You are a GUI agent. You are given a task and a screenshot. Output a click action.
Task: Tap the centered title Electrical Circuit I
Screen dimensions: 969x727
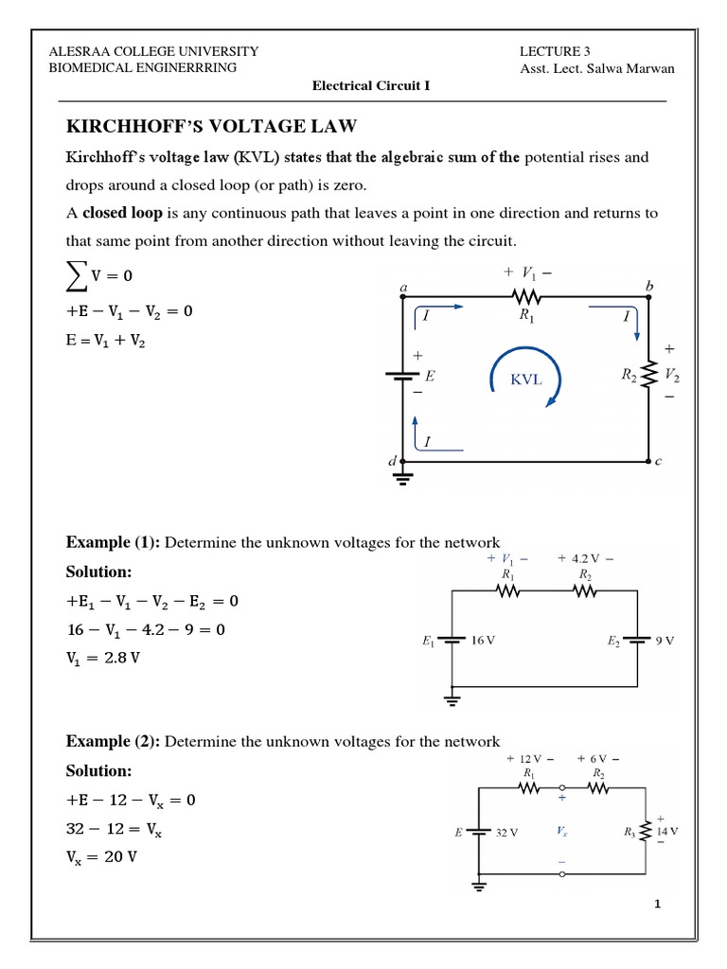pyautogui.click(x=371, y=85)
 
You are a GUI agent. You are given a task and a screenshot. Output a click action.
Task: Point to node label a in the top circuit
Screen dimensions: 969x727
pyautogui.click(x=404, y=286)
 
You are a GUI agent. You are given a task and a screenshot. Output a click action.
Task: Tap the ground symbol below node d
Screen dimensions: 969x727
pyautogui.click(x=405, y=477)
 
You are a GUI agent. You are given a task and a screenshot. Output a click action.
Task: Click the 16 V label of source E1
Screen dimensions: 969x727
pyautogui.click(x=484, y=641)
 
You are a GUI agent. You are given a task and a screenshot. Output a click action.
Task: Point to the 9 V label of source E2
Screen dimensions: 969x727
pyautogui.click(x=664, y=641)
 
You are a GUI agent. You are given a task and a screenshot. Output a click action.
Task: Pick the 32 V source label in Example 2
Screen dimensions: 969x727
pyautogui.click(x=507, y=833)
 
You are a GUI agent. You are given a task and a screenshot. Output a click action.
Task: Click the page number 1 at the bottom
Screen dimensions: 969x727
pyautogui.click(x=657, y=905)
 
